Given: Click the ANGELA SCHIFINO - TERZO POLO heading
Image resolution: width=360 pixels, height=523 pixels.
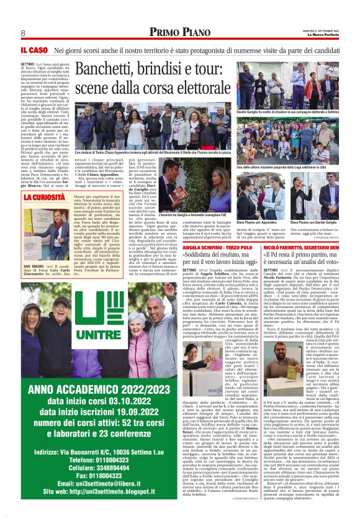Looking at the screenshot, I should (208, 247).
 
